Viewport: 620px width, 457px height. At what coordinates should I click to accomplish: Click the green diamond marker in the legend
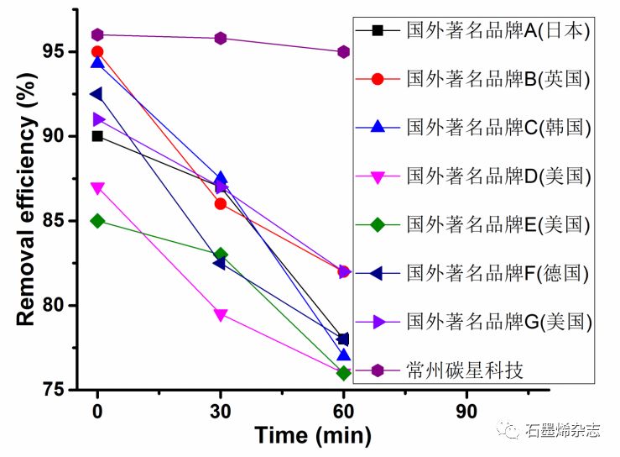coord(378,225)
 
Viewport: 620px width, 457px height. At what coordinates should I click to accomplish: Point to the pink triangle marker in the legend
coord(378,176)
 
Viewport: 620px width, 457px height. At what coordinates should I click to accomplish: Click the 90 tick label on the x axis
coord(466,411)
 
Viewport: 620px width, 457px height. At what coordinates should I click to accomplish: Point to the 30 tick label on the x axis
coord(221,411)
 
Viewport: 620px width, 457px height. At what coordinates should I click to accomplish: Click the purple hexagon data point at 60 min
coord(343,52)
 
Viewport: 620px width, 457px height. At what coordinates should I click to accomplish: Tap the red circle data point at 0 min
coord(97,52)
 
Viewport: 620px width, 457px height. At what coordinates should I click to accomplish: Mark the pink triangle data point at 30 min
coord(221,315)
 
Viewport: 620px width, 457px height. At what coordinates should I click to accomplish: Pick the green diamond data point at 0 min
coord(97,221)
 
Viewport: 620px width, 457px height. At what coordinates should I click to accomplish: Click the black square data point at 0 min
coord(97,136)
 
